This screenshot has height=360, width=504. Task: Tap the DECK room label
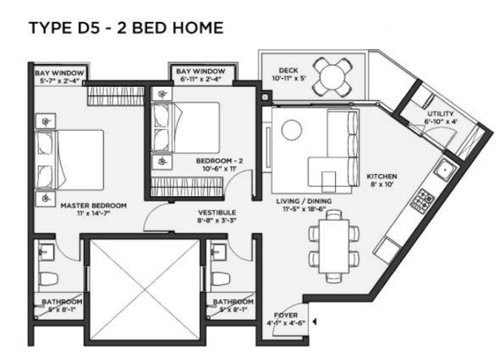[x=289, y=71]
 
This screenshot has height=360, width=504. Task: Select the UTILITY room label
[x=441, y=114]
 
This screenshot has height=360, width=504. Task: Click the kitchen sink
[x=445, y=169]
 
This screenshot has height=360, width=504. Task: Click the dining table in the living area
[x=334, y=246]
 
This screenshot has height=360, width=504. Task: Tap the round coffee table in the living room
[x=292, y=130]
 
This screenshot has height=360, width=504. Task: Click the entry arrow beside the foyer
[x=315, y=322]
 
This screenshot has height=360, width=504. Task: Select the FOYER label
[x=286, y=315]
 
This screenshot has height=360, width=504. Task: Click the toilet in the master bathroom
[x=48, y=279]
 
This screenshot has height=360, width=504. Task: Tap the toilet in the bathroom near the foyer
[x=220, y=279]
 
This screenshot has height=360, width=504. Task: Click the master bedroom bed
[x=69, y=160]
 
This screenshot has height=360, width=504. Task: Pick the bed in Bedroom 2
[x=185, y=128]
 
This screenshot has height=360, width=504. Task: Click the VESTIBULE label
[x=217, y=212]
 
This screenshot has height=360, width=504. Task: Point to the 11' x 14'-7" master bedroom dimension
[x=93, y=213]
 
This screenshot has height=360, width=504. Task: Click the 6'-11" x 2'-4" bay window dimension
[x=201, y=79]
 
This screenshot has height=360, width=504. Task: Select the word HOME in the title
[x=198, y=28]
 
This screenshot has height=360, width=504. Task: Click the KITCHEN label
[x=382, y=176]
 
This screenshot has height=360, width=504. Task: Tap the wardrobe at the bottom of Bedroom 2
[x=187, y=187]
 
